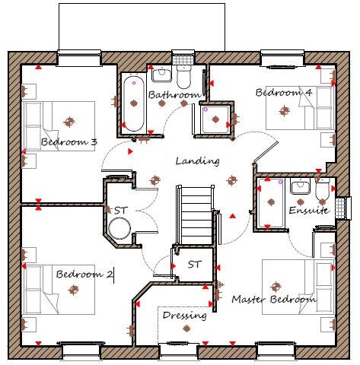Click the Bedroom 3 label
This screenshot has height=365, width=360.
click(x=68, y=142)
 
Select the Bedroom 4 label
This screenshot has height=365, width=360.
click(x=283, y=93)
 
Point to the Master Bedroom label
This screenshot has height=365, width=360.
click(x=273, y=300)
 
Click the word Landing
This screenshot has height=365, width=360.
click(x=197, y=161)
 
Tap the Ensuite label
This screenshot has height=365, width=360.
click(x=308, y=210)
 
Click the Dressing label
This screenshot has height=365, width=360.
click(x=184, y=316)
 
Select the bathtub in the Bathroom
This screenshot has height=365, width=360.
click(x=134, y=103)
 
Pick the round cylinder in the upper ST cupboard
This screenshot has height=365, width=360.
click(x=119, y=228)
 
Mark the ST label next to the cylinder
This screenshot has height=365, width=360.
click(x=120, y=210)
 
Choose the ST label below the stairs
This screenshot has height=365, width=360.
click(x=194, y=265)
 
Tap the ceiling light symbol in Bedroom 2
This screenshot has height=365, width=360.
click(x=74, y=289)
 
